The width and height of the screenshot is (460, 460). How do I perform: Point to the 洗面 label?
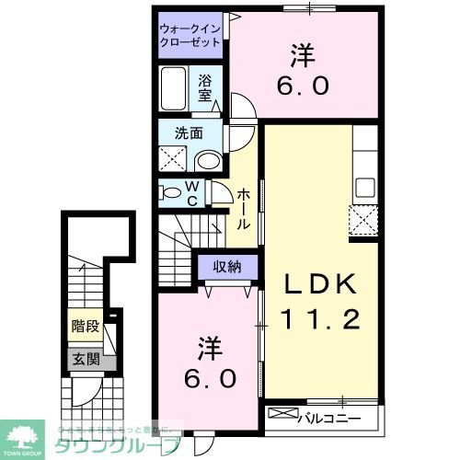point(189,133)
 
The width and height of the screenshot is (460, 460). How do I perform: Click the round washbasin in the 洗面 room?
point(209,161)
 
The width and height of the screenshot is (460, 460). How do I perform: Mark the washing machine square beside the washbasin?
point(174,159)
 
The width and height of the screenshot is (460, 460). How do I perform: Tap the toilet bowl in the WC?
point(171,193)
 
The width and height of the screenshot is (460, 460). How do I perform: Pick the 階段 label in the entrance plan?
point(81,326)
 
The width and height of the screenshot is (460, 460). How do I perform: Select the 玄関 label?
point(80,361)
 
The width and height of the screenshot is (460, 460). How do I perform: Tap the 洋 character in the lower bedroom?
point(209,348)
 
